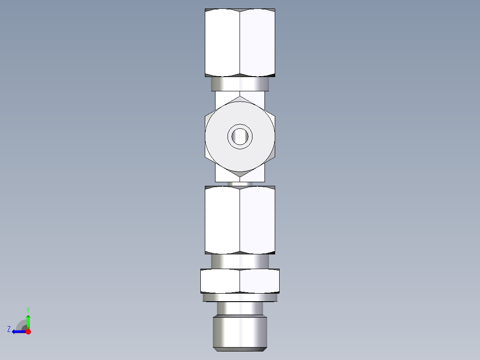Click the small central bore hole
coord(240,136)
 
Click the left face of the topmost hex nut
coord(223,42)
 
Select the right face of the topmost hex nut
coord(257,42)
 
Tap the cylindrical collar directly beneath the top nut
coord(240,83)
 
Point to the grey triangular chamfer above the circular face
coord(240,98)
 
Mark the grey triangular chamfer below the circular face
coord(240,174)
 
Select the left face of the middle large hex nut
coord(223,220)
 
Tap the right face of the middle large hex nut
coord(257,220)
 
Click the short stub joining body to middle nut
coord(240,184)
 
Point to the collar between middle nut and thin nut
coord(240,261)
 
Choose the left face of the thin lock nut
coord(220,281)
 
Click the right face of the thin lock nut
coord(260,281)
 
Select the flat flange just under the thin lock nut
coord(240,297)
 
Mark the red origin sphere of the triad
coord(28,331)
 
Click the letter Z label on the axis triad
coord(9,329)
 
